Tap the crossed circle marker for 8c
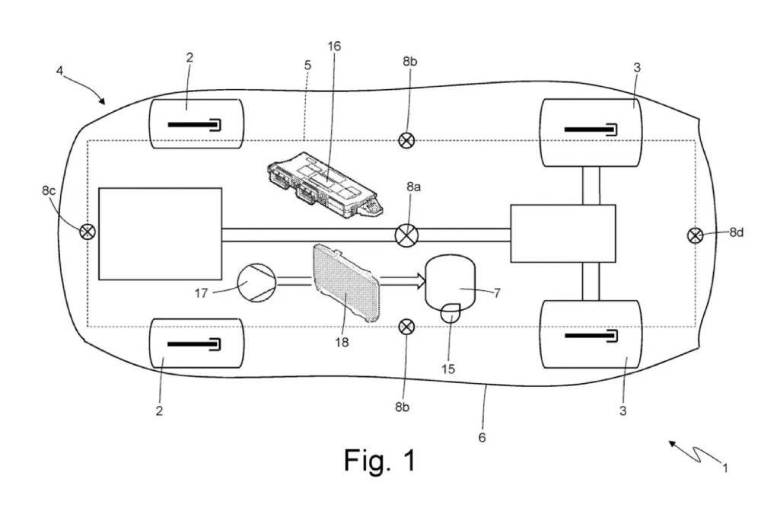(88, 232)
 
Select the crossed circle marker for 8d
(695, 235)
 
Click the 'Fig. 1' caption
(380, 460)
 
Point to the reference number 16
(334, 46)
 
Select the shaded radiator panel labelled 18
(347, 282)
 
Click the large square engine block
(160, 234)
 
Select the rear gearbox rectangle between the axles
(562, 233)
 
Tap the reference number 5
(307, 66)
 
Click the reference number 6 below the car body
(482, 437)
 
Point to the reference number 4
(60, 72)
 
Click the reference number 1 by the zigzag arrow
(725, 468)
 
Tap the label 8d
(736, 232)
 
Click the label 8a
(413, 185)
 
